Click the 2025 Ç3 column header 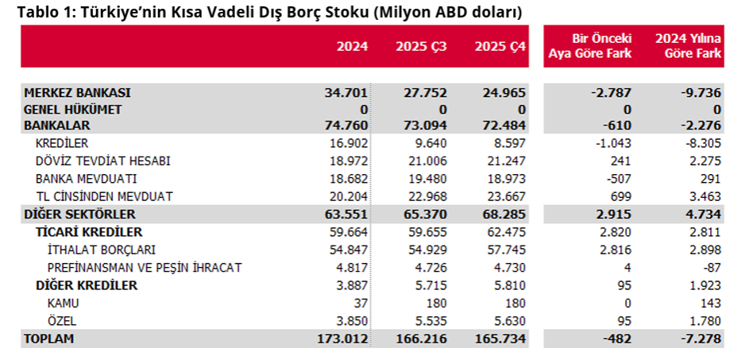421,46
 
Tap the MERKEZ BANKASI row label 77,93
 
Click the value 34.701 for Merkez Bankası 346,93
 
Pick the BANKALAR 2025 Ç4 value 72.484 505,126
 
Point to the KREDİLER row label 62,143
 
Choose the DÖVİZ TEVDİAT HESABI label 103,161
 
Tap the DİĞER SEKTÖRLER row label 79,214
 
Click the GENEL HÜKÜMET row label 73,109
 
